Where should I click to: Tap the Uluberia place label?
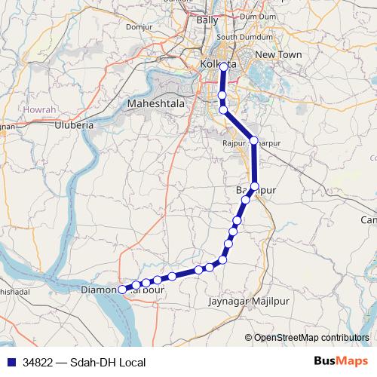tap(73, 126)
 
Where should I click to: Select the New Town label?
tap(278, 55)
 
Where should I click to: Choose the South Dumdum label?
tap(239, 37)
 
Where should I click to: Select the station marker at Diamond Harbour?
tap(122, 289)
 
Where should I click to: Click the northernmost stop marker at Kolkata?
tap(224, 67)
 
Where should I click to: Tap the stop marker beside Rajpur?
tap(254, 141)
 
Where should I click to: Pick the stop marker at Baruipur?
tap(255, 186)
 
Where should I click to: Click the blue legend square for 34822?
tap(10, 363)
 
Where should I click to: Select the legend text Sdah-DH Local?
tap(107, 363)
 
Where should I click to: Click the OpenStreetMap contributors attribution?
tap(311, 337)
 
